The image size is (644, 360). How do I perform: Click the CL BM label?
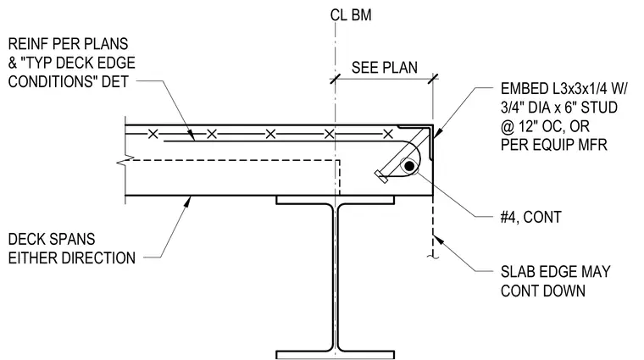coord(350,15)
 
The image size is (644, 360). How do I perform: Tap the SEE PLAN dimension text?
coord(385,68)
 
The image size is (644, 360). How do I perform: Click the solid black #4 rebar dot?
coord(409,166)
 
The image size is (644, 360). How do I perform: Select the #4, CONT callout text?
coord(530,217)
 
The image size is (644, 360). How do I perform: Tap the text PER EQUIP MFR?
coord(553,145)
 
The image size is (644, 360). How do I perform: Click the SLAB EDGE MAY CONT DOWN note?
coord(555,281)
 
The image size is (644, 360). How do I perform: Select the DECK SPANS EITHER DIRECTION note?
coord(71,249)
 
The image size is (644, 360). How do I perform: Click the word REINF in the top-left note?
coord(26,44)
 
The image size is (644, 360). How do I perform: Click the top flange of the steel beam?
coord(336,200)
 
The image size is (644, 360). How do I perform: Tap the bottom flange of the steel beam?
coord(336,354)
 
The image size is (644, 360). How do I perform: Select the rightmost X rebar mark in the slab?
coord(388,134)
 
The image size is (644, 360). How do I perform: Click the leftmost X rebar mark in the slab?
coord(153,134)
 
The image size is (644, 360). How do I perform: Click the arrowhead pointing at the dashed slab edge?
coord(438,239)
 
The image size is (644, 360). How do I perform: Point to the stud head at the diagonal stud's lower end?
coord(381,177)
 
